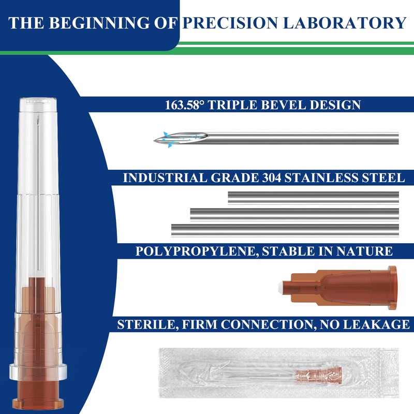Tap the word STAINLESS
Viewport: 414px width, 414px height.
(313, 178)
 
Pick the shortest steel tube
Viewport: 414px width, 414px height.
(314, 197)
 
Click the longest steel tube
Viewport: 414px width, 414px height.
(286, 229)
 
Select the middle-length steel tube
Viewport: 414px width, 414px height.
(295, 213)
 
